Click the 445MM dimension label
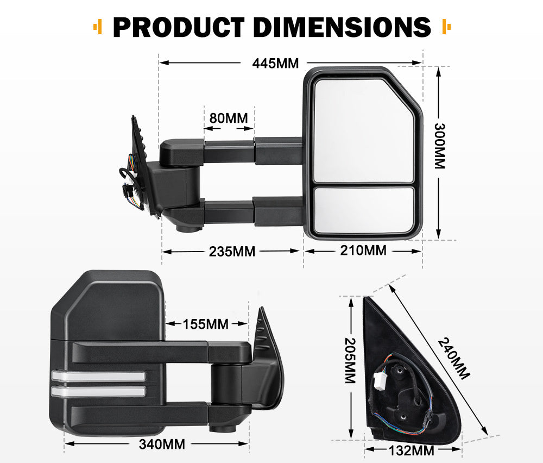pyautogui.click(x=275, y=63)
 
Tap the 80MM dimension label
pyautogui.click(x=229, y=117)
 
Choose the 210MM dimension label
pyautogui.click(x=363, y=251)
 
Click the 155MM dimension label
pyautogui.click(x=205, y=324)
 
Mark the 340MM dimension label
pyautogui.click(x=162, y=444)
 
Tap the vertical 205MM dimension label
pyautogui.click(x=350, y=361)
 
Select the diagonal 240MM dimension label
pyautogui.click(x=453, y=359)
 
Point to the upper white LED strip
pyautogui.click(x=98, y=376)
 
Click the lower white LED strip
pyautogui.click(x=98, y=391)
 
